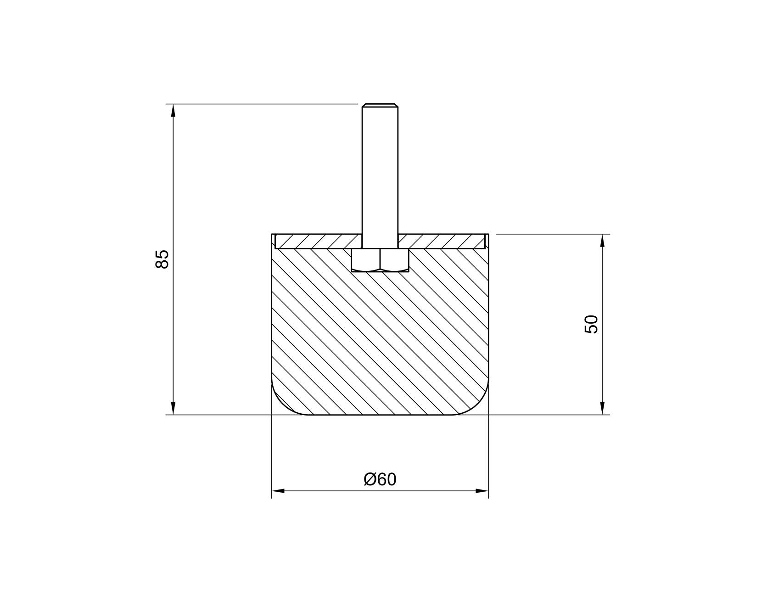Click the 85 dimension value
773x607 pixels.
click(x=162, y=259)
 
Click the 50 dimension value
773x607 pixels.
click(x=591, y=324)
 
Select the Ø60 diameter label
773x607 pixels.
click(x=380, y=479)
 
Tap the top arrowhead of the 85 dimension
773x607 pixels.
click(x=173, y=110)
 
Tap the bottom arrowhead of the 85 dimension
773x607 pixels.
click(x=173, y=409)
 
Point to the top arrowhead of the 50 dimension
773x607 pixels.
click(x=602, y=240)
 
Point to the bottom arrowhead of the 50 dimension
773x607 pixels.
click(x=602, y=409)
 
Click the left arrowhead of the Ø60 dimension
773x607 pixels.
click(x=278, y=491)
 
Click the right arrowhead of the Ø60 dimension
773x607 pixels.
click(x=482, y=491)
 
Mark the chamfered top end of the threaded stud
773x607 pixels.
click(x=380, y=106)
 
